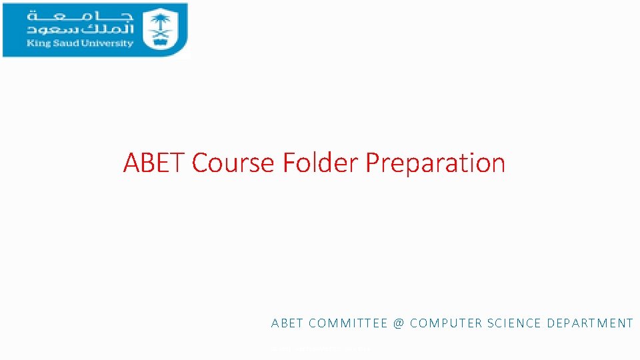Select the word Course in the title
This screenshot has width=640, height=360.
point(233,163)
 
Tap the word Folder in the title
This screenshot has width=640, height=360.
point(321,163)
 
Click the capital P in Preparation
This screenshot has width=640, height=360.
point(374,163)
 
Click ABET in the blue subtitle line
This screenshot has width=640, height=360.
point(287,323)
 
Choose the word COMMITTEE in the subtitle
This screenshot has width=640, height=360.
point(347,323)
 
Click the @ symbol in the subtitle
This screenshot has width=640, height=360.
point(399,323)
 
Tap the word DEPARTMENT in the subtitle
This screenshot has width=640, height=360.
point(590,323)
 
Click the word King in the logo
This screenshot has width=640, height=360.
point(37,44)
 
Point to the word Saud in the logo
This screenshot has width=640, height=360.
point(62,44)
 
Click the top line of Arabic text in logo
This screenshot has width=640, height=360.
point(80,16)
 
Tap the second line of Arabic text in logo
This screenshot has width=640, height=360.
point(80,30)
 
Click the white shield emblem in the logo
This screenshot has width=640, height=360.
point(159,29)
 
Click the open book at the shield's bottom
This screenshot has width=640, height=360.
point(159,41)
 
